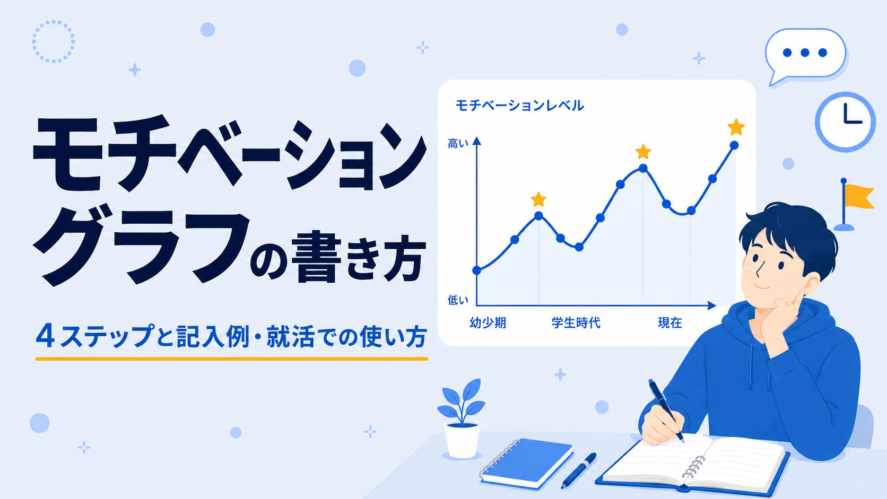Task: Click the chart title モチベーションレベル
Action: [519, 106]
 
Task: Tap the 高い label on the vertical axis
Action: [458, 144]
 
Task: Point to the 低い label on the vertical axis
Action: [458, 300]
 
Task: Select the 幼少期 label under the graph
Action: [488, 323]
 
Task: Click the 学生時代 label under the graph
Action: [576, 323]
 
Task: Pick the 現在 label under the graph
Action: [670, 323]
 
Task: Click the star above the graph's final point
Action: [736, 127]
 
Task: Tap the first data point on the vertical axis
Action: [477, 270]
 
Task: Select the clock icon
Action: [845, 122]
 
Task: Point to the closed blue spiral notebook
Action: [527, 463]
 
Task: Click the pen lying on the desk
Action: [579, 470]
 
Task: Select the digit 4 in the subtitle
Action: [45, 336]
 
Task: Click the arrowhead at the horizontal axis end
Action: [711, 305]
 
